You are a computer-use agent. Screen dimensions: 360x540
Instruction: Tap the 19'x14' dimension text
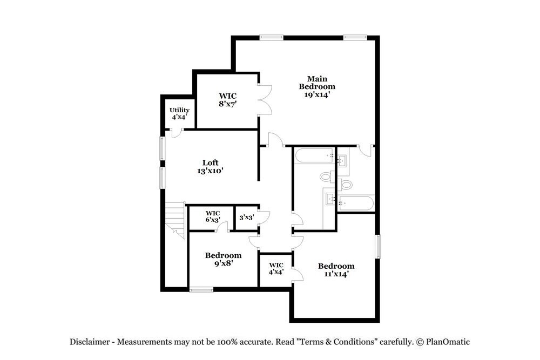pos(318,94)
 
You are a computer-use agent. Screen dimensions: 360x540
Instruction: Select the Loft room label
pos(210,162)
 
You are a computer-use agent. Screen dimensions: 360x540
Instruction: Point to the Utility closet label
pos(179,110)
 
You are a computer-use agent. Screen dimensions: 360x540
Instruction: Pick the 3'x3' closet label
pos(246,218)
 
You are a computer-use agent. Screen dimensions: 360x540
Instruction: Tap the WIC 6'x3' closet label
pos(213,216)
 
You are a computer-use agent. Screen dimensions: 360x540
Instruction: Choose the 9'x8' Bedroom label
pos(223,259)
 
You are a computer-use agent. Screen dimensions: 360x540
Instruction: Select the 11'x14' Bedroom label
pos(336,269)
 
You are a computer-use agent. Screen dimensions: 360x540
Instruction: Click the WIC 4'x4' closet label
pos(276,268)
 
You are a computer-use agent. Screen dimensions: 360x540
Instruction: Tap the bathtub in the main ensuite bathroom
pos(356,203)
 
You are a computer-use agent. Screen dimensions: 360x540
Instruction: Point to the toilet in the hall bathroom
pos(326,176)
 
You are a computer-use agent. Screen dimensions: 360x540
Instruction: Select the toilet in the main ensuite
pos(346,185)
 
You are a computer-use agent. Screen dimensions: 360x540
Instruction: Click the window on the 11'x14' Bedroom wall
pos(378,246)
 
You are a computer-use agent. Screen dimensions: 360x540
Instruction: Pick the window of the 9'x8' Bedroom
pos(201,290)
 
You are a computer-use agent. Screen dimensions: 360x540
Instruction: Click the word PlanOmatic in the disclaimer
pos(448,342)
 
